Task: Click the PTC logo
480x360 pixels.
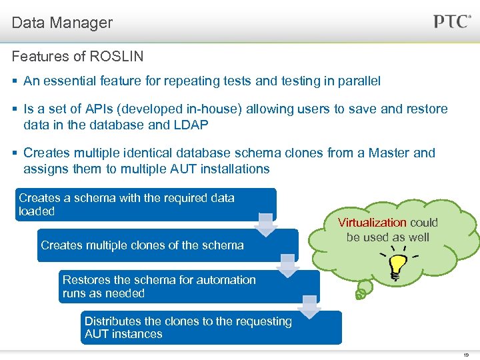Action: (x=453, y=21)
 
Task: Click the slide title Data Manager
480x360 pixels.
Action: (x=62, y=23)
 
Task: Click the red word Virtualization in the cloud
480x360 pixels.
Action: (x=372, y=223)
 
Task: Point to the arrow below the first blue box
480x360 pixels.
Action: (x=266, y=225)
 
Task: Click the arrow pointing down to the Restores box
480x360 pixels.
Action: (x=288, y=266)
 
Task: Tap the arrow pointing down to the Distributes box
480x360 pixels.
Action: (x=310, y=307)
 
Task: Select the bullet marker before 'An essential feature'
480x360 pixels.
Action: (x=15, y=81)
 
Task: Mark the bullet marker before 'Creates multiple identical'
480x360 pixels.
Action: (x=15, y=153)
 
